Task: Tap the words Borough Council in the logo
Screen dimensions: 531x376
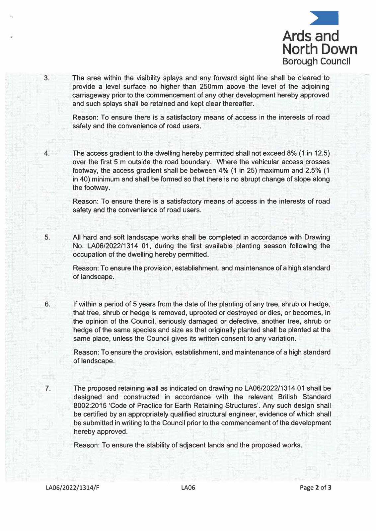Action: click(x=316, y=61)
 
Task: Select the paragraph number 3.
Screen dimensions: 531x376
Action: click(x=47, y=78)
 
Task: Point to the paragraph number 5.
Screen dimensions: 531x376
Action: click(x=47, y=237)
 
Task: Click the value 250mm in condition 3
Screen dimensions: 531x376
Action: click(x=212, y=87)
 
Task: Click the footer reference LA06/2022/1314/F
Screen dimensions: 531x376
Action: click(x=72, y=488)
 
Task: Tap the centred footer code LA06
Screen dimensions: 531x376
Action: click(x=188, y=488)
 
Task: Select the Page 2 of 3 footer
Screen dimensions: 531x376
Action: click(x=315, y=488)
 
